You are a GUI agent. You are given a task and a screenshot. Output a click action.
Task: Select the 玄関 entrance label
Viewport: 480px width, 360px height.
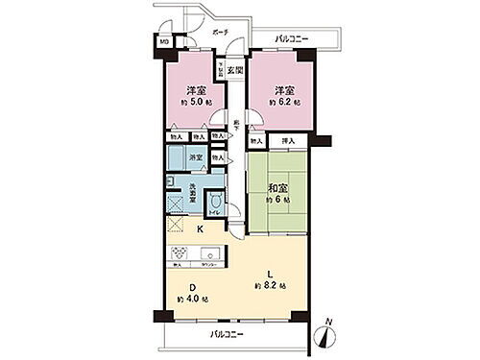pos(235,69)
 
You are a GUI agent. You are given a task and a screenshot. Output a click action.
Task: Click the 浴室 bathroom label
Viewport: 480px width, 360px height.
pos(196,156)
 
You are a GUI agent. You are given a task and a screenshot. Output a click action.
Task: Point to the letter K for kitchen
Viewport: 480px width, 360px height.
pos(201,230)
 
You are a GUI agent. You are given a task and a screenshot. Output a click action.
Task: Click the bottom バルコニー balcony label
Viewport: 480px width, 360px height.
pos(227,334)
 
